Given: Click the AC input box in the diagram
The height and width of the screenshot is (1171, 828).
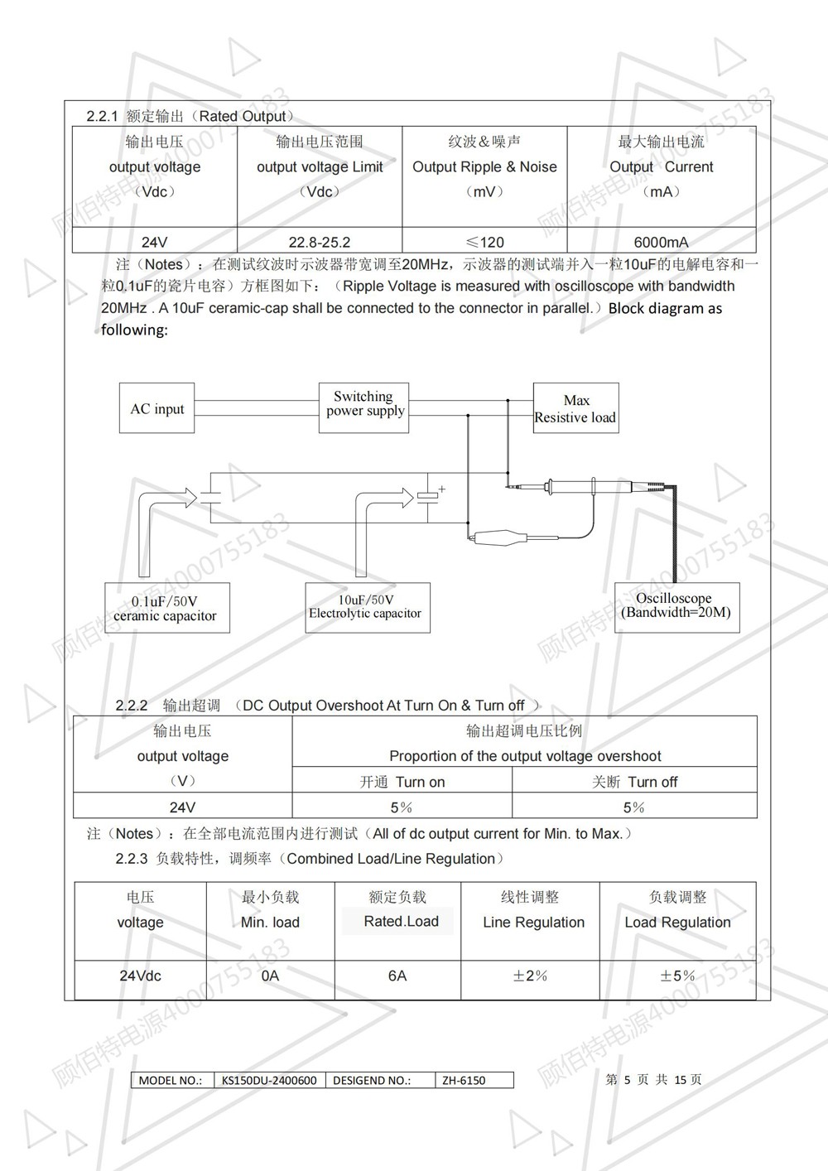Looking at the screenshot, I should pos(156,408).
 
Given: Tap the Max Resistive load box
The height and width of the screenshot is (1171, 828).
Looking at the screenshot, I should pos(575,408).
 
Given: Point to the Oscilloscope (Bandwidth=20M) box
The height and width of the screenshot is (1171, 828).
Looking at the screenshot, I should pos(676,606).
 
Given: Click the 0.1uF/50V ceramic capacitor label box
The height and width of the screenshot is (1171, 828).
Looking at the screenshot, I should pos(166,609).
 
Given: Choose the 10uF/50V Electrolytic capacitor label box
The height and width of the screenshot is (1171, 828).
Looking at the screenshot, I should pos(366,607).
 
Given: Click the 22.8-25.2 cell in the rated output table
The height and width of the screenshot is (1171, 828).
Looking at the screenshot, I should pos(320,243).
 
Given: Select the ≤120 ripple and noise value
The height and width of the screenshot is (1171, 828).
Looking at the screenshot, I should pos(484,243).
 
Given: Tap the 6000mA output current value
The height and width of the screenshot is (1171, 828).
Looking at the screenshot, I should pos(661,243).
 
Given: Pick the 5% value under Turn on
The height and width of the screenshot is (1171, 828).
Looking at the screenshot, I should pos(402,807).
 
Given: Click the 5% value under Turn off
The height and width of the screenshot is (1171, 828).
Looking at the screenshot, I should pos(634,807).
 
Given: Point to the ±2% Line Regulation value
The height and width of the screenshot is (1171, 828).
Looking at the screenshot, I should pos(530,976).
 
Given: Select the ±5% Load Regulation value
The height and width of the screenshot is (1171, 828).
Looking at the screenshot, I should pos(677,976).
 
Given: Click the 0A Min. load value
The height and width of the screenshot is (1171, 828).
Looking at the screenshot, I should pos(270,976).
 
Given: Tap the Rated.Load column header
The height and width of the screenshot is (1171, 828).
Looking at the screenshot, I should pos(401,922).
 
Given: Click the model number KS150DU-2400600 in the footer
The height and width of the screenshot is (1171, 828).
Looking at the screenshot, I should pos(269,1080).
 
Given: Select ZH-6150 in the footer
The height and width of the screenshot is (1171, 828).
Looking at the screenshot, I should pos(464,1080).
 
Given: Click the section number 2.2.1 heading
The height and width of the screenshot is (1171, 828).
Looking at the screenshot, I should pos(103,117).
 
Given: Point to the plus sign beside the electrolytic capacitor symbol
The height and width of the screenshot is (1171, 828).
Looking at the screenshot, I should pos(442,489).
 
